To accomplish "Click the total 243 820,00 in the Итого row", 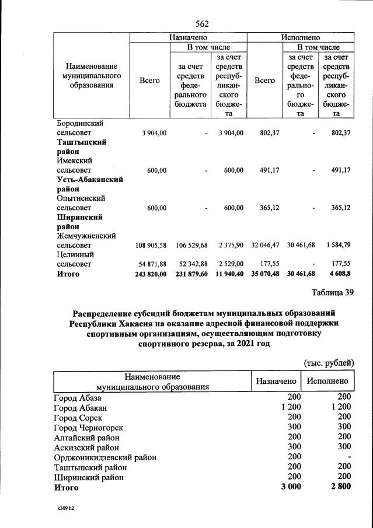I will click(x=150, y=274).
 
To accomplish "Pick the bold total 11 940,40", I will click(x=227, y=274).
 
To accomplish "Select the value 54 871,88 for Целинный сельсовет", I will click(x=151, y=264).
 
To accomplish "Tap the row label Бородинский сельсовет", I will click(x=81, y=128).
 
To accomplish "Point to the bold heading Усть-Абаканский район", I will click(x=89, y=184).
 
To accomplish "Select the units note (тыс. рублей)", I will click(x=329, y=362).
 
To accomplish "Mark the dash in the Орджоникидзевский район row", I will click(x=348, y=457).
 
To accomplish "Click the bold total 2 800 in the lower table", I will click(x=339, y=487).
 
